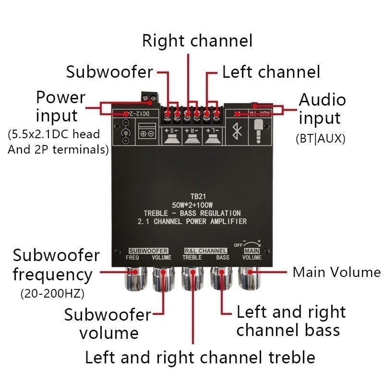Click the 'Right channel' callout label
coord(197,41)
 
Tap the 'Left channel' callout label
coord(271,72)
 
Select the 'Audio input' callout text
coord(322,109)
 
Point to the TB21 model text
coord(196,197)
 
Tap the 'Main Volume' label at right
coord(336,272)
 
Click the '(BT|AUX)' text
coord(320,139)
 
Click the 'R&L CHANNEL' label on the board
coord(205,251)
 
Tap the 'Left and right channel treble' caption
coord(200,357)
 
